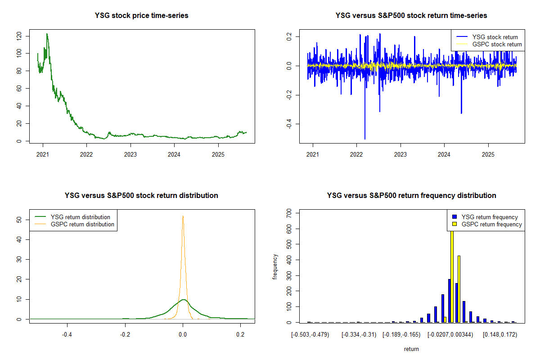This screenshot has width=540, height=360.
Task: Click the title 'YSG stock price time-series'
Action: point(141,16)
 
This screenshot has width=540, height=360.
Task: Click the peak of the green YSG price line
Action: point(47,34)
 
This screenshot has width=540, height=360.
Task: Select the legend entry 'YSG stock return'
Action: point(495,37)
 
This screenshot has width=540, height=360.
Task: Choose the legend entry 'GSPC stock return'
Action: point(497,44)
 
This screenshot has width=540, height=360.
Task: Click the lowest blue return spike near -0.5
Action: point(365,139)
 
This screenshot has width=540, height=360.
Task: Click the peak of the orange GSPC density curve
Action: point(183,216)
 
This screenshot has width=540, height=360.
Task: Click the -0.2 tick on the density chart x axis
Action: point(125,335)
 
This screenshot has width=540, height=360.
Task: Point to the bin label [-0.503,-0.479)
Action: point(310,335)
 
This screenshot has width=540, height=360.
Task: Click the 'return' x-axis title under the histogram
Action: point(411,349)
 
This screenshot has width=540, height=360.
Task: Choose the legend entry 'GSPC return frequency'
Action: point(492,224)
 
